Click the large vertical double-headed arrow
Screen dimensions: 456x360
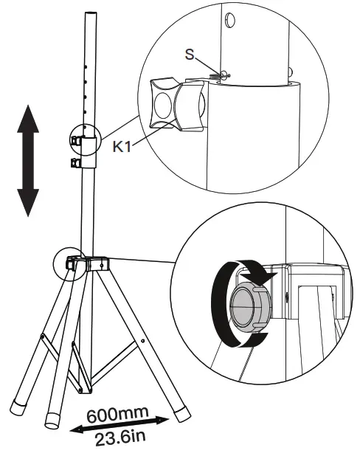[28, 160]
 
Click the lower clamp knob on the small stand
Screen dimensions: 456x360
[74, 162]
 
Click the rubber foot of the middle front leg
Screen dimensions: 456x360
[52, 421]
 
